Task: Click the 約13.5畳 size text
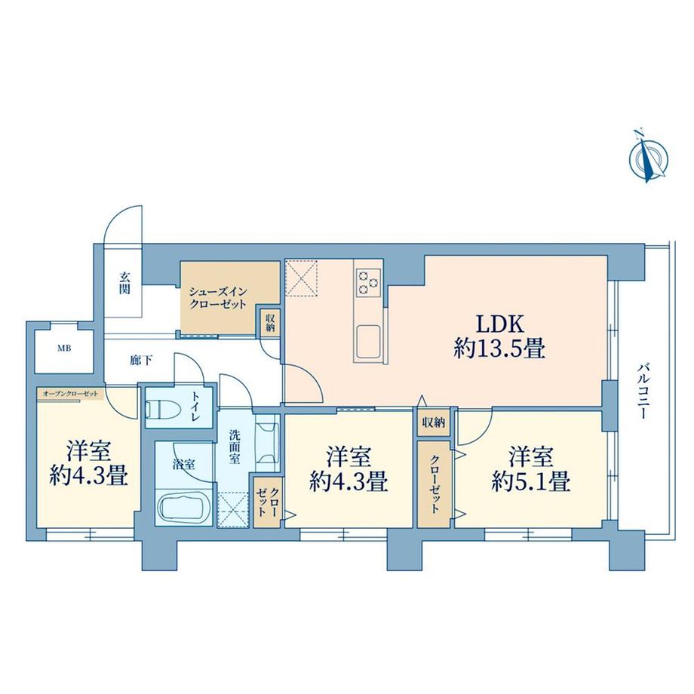click(499, 349)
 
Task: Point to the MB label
click(66, 349)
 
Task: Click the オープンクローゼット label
click(69, 393)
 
